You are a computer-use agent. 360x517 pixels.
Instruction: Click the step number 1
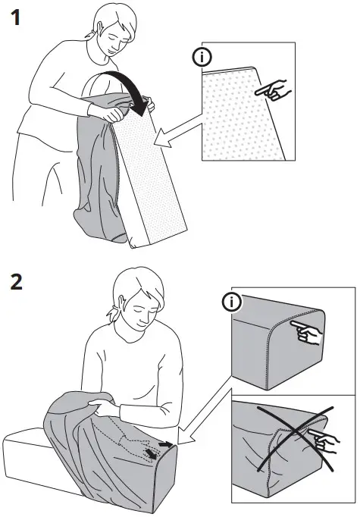click(14, 17)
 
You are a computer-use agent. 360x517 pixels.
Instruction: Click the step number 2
click(14, 282)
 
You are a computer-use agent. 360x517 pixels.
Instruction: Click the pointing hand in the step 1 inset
click(271, 91)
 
